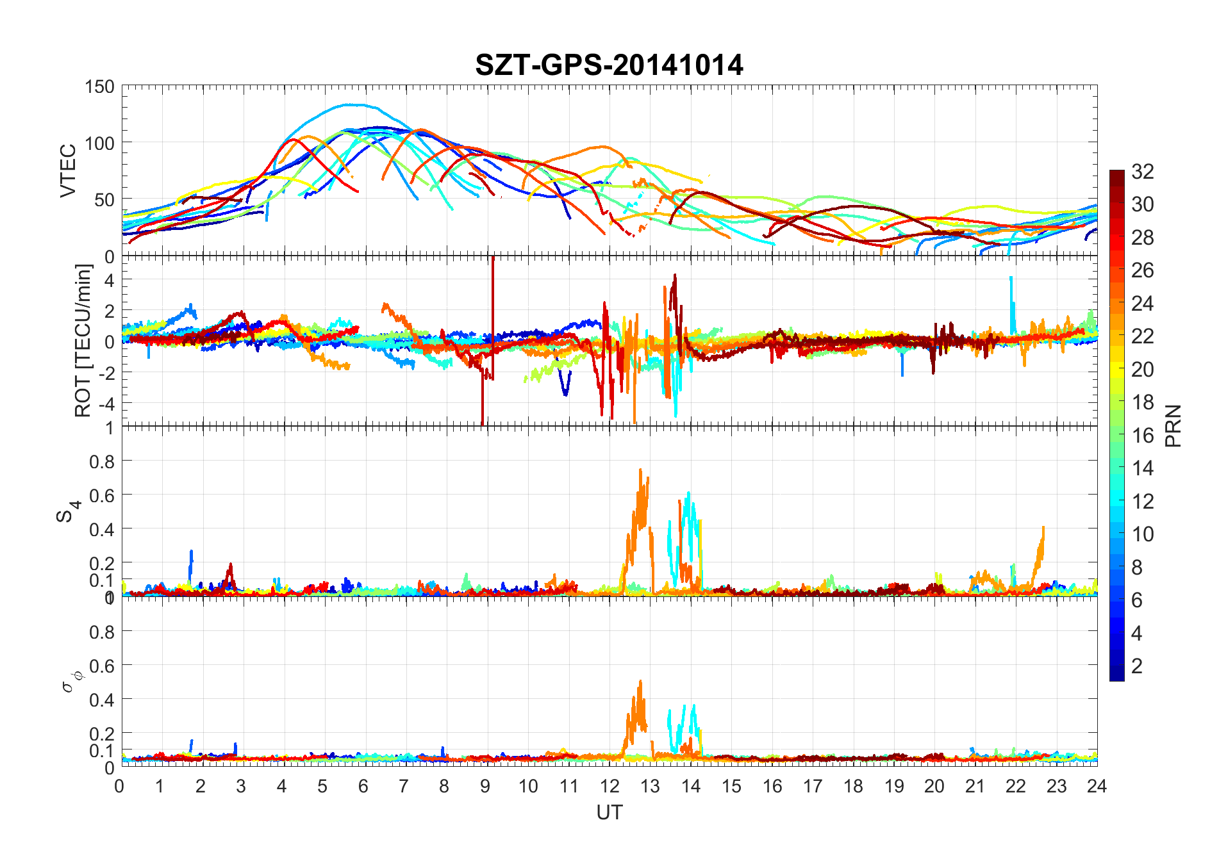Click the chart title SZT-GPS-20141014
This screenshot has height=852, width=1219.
[x=609, y=65]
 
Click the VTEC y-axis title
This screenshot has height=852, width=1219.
[x=68, y=170]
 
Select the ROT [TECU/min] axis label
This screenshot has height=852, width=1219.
[x=83, y=341]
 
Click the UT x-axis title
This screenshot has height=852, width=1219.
[x=609, y=812]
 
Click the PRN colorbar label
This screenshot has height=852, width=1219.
[x=1173, y=425]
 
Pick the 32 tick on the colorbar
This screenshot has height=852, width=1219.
[x=1142, y=171]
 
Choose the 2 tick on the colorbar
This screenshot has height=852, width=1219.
[x=1136, y=666]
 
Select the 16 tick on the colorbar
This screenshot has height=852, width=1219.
[x=1142, y=435]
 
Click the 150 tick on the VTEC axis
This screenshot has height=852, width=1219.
[x=99, y=86]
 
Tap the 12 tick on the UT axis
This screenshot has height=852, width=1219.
[x=609, y=786]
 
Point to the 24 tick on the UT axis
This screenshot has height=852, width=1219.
[x=1097, y=786]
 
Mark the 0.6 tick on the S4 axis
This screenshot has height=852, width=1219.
[x=101, y=495]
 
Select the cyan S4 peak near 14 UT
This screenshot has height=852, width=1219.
[x=688, y=493]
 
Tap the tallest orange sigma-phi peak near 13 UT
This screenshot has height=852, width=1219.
[x=640, y=681]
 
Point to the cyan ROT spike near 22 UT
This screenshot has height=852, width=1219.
[x=1011, y=278]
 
